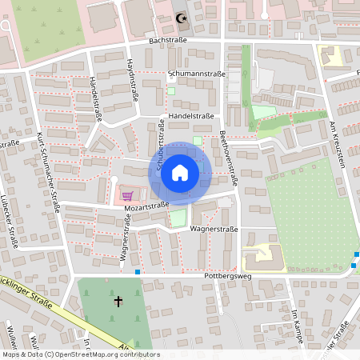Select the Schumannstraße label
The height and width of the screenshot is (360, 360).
coord(198,73)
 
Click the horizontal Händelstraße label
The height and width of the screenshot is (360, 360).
coord(191,116)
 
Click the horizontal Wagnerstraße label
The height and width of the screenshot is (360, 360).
coord(210,229)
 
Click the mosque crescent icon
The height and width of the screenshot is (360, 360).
coord(181,17)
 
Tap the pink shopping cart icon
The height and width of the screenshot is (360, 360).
coord(126,194)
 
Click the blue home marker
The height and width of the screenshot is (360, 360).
coord(180,172)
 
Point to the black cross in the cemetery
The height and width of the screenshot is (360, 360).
coord(118,301)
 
